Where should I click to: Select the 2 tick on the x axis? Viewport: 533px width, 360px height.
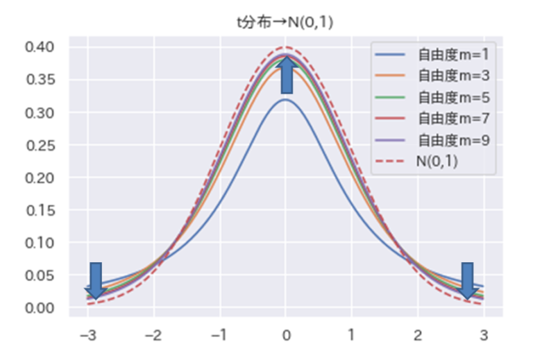pos(418,335)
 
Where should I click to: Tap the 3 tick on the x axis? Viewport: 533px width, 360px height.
pos(484,335)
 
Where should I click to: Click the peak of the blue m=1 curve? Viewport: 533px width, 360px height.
pos(285,99)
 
